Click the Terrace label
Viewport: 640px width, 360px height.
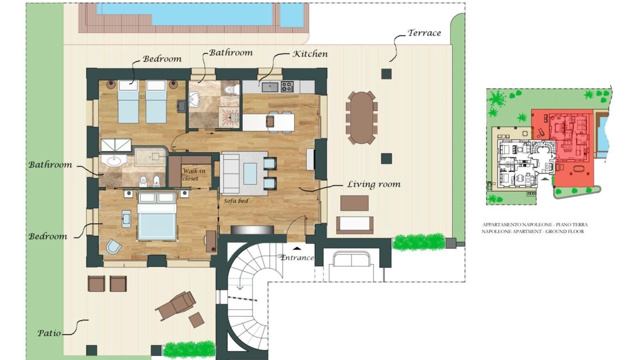coord(424,33)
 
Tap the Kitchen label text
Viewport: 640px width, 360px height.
coord(310,54)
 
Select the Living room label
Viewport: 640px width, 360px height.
coord(373,184)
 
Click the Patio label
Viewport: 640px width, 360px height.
coord(49,333)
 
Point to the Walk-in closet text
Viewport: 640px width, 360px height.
coord(193,174)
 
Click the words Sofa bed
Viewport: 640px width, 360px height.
coord(236,201)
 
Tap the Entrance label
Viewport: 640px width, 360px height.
coord(297,257)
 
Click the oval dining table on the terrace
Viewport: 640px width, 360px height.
coord(361,117)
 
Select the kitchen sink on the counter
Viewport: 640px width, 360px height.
coord(270,87)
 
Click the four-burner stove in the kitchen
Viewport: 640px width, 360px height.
coord(287,87)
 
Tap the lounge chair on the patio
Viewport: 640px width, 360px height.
coord(175,305)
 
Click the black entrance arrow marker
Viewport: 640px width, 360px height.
coord(297,248)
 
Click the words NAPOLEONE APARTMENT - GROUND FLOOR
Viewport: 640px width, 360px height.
coord(533,231)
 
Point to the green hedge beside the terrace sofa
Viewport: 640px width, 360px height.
coord(419,242)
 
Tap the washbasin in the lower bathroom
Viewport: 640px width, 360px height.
coord(113,160)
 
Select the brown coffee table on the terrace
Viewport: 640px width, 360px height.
coord(354,203)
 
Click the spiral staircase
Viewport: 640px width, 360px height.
coord(248,297)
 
